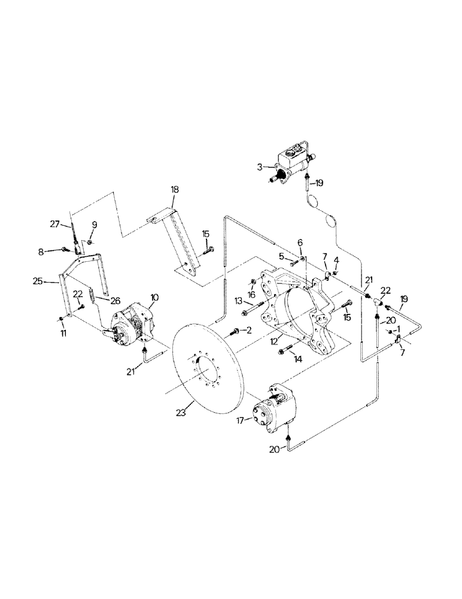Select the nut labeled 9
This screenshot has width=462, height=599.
pos(89,242)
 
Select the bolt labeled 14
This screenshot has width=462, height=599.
pos(285,351)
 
